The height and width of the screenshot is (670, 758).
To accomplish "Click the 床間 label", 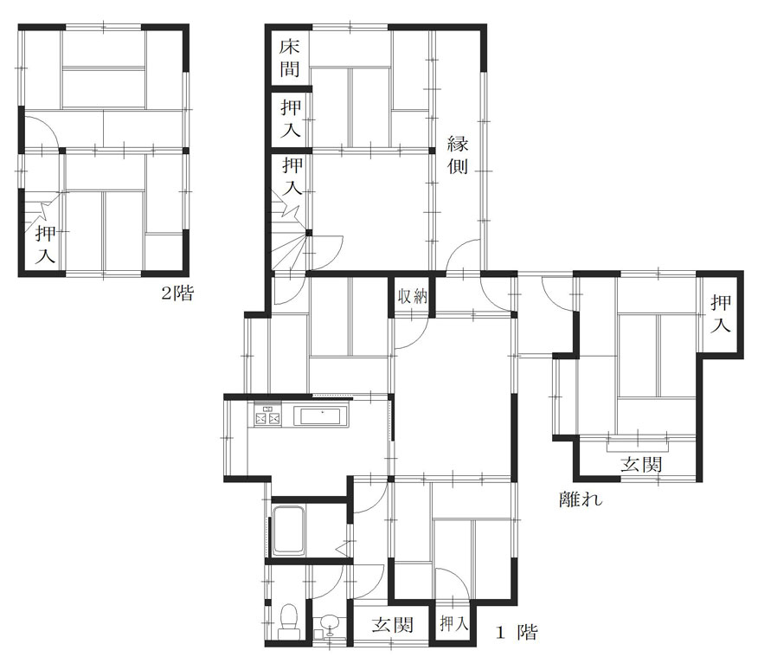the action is [290, 58].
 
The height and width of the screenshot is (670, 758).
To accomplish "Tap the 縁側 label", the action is [458, 155].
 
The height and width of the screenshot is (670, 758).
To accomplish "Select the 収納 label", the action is [413, 295].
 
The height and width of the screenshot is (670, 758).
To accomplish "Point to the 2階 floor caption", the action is [177, 293].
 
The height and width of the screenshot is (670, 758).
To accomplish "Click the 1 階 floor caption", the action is [517, 632].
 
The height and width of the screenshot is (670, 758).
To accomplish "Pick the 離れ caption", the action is [581, 499].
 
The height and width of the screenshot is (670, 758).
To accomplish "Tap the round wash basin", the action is [330, 622].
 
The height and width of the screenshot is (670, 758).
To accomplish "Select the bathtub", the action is [289, 531].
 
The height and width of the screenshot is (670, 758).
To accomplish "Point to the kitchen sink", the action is [321, 416].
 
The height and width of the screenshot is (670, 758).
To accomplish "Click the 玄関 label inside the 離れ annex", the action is [641, 464].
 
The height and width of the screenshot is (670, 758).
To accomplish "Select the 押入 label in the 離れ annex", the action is [720, 314].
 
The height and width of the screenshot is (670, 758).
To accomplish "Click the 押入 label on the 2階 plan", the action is [46, 245].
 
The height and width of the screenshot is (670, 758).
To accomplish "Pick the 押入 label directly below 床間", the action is [291, 119].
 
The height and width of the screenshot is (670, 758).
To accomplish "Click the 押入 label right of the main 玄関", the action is [454, 624].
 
